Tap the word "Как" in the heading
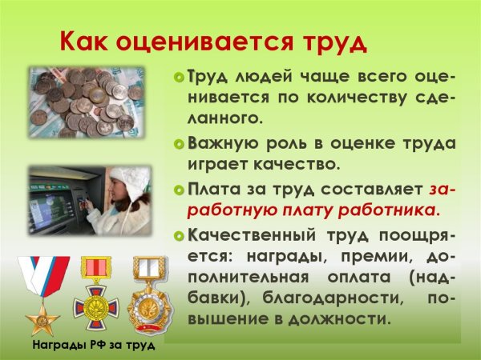coord(83,41)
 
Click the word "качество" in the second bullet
coord(305,165)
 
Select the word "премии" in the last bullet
coord(384,257)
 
